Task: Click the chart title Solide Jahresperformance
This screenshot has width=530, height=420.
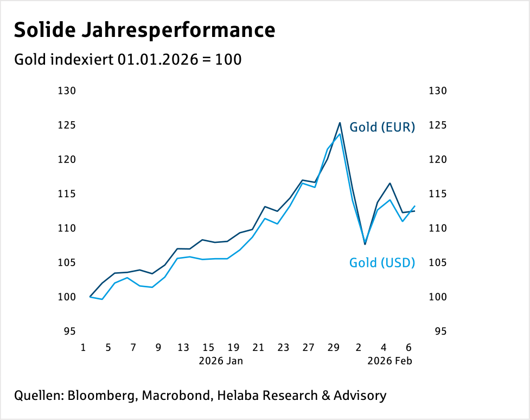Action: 144,30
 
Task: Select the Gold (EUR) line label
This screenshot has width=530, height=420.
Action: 382,128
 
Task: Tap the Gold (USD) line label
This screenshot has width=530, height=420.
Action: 382,263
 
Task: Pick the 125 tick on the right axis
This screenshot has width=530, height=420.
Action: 437,126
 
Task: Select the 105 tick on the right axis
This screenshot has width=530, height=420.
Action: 437,263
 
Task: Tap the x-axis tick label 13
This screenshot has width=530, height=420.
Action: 183,348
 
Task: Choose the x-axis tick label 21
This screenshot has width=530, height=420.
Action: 258,348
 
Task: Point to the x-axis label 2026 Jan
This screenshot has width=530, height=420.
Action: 221,360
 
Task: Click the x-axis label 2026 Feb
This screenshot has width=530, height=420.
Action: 390,360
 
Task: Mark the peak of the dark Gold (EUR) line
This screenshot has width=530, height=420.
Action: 340,123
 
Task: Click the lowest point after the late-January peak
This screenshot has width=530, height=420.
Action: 365,244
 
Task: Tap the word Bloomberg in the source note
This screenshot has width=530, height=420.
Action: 101,396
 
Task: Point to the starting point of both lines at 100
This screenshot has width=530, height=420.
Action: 90,297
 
